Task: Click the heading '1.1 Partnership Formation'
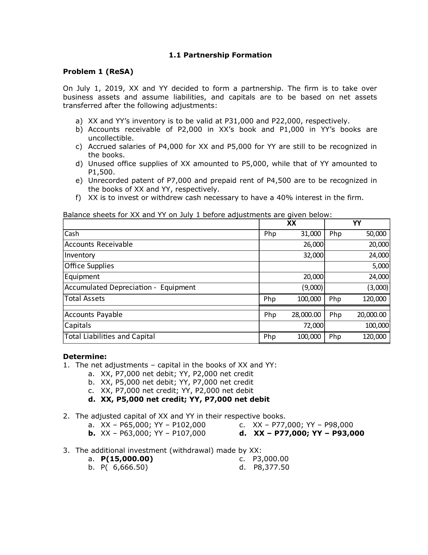click(220, 55)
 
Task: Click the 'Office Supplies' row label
click(89, 266)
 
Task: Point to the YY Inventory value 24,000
click(379, 255)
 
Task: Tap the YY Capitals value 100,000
click(377, 326)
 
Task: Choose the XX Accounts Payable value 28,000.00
click(306, 315)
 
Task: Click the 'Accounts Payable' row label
click(93, 315)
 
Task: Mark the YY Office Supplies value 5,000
click(381, 266)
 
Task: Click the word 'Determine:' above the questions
click(85, 356)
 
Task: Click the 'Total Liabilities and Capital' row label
click(110, 336)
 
